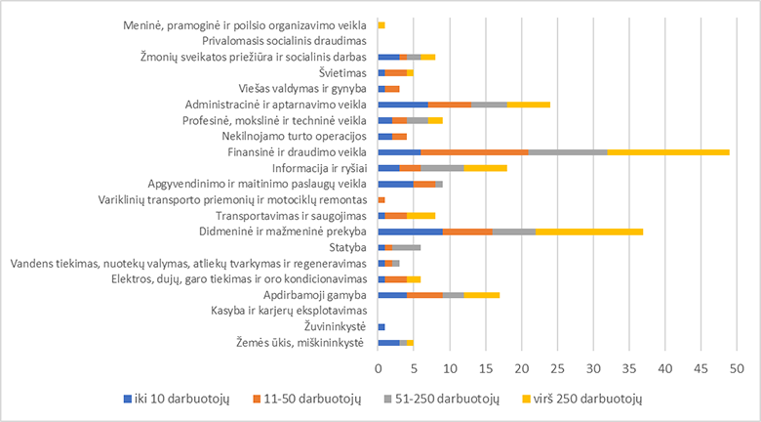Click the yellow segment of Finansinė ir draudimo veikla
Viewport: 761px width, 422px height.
pos(668,151)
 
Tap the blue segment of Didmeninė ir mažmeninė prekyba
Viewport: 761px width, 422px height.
pos(410,232)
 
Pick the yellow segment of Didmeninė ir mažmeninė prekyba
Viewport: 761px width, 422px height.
pos(589,232)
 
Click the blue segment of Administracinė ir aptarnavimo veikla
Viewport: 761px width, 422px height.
pos(402,104)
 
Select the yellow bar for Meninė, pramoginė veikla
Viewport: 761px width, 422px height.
pos(381,24)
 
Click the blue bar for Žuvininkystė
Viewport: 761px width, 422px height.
pos(381,327)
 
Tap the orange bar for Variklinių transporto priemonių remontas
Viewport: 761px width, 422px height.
pos(381,199)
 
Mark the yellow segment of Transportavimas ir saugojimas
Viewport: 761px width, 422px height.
pos(421,216)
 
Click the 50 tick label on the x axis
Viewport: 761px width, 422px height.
pos(737,369)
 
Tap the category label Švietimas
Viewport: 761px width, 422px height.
pos(341,72)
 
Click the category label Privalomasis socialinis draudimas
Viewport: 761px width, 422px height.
pos(284,41)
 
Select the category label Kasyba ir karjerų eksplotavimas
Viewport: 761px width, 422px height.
pos(288,312)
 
